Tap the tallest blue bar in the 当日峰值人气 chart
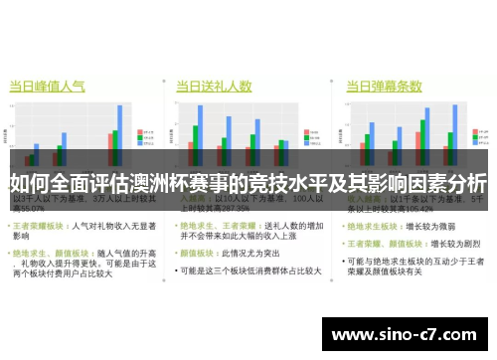[x=120, y=128]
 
